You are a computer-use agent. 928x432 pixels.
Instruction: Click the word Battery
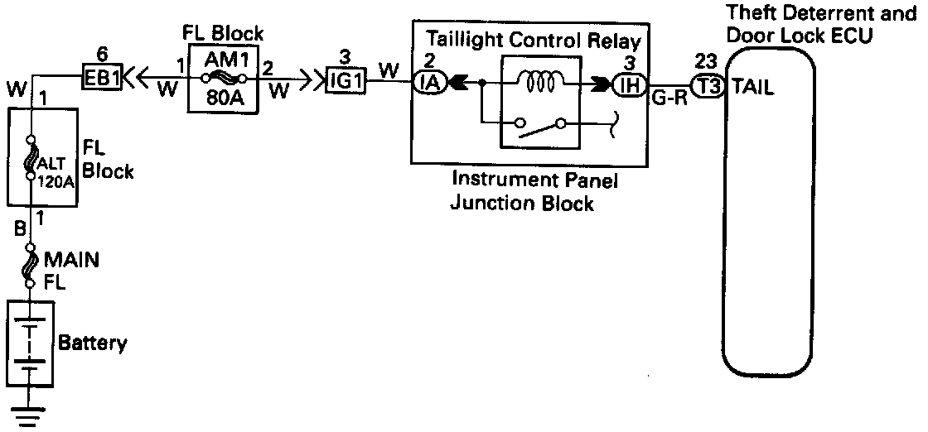(93, 342)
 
